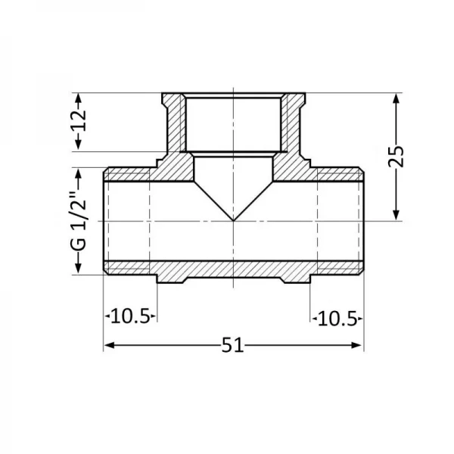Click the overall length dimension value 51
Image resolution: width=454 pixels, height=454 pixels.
[233, 346]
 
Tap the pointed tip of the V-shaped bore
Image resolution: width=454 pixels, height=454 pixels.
[233, 221]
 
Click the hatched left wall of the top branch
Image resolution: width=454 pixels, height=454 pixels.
[174, 125]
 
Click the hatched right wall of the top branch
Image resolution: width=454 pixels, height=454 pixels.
[292, 125]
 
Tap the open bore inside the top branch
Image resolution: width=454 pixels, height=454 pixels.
[233, 125]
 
